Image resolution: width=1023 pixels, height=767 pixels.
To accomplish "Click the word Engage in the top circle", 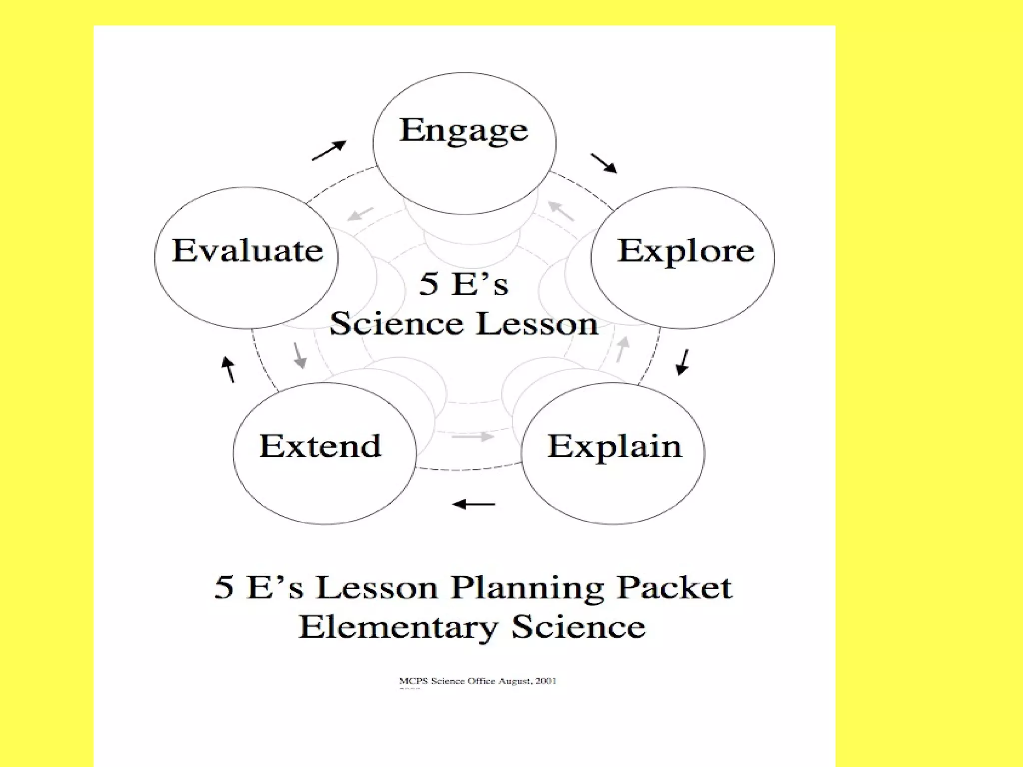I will pos(464,130).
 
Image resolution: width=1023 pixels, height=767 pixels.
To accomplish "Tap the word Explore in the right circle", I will pos(686,251).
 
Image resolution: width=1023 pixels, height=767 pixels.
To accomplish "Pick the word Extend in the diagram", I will pos(320,446).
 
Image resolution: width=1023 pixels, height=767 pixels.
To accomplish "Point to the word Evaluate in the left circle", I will pos(247,251).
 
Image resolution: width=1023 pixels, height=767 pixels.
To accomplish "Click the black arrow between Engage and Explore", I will pos(603,163).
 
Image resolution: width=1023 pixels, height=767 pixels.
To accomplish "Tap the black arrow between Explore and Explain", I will pos(682,362).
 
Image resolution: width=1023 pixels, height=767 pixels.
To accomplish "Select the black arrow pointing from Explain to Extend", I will pos(474,504).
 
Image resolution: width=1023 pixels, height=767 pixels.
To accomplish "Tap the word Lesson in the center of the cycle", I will pos(536,324).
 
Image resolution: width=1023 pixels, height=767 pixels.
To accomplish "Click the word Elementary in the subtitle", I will pos(398,628).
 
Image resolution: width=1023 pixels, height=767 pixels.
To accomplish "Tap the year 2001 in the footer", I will pos(546,681).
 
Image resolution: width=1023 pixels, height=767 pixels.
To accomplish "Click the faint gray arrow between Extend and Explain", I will pos(473,437).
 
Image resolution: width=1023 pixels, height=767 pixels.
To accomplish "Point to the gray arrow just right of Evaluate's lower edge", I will pos(299,355).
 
